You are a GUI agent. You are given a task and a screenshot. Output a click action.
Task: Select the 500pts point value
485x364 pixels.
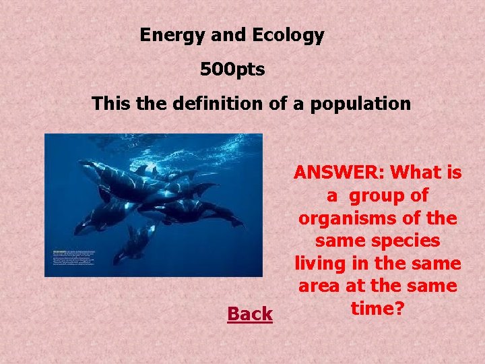(x=232, y=69)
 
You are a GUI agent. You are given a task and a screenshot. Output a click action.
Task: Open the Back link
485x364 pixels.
(x=250, y=314)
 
